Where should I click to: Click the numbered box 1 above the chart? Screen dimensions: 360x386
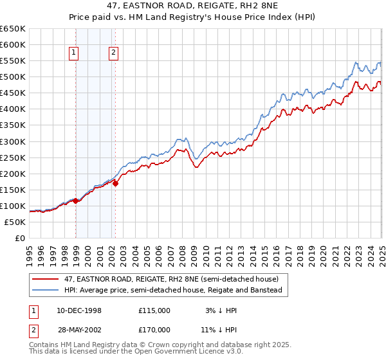(x=75, y=53)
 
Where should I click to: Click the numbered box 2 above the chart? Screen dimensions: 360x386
(x=113, y=53)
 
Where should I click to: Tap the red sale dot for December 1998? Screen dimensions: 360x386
(x=76, y=201)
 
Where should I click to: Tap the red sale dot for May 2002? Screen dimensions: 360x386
(x=116, y=183)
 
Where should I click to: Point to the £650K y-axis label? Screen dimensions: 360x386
(x=13, y=29)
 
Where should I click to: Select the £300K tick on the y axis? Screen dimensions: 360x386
(x=13, y=141)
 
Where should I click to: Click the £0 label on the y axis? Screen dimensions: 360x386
(x=21, y=238)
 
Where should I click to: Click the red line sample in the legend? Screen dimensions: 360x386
(x=45, y=280)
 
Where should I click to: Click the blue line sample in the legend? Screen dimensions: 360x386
(x=45, y=290)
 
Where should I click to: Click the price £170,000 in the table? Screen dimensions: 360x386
(x=154, y=329)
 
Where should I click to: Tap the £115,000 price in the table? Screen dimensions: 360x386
(x=154, y=310)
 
